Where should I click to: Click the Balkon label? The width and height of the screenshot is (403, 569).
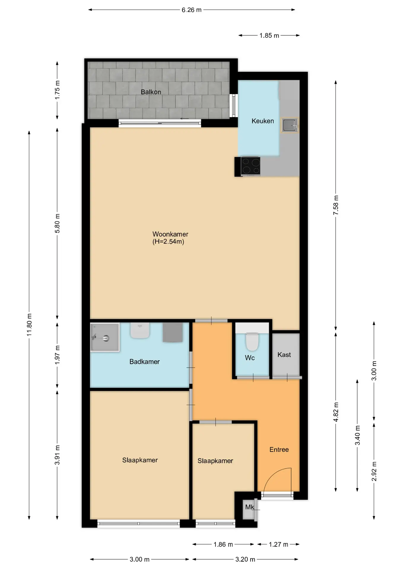(x=151, y=92)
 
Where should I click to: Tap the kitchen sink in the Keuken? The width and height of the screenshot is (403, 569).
(x=289, y=125)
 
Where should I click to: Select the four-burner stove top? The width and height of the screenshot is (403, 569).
(x=250, y=166)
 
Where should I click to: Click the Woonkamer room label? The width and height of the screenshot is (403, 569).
(x=170, y=234)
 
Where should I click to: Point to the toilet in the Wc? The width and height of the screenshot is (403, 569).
(x=252, y=341)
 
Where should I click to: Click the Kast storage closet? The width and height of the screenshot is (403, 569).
(x=286, y=354)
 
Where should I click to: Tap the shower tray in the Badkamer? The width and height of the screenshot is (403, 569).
(x=105, y=337)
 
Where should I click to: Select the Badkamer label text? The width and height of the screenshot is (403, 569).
(x=145, y=362)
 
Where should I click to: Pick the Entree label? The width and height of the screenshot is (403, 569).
(x=279, y=450)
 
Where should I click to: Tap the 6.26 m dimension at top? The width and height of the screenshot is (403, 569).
(x=192, y=10)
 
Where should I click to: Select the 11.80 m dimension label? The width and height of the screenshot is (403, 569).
(x=29, y=325)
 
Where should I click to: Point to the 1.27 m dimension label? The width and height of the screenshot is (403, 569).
(x=278, y=544)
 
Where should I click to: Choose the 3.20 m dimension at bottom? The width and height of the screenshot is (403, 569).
(x=245, y=559)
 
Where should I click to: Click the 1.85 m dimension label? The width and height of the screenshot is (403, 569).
(x=269, y=36)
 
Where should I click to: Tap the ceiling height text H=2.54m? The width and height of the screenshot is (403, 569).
(x=168, y=242)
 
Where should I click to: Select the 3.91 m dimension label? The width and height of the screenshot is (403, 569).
(x=57, y=455)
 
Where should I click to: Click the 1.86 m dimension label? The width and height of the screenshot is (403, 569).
(x=223, y=544)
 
